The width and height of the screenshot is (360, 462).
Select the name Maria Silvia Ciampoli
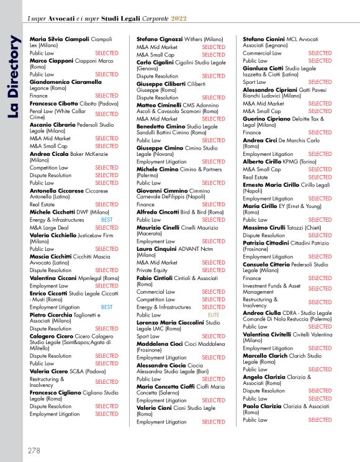point(59,39)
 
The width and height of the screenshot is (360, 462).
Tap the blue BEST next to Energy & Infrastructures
point(107,220)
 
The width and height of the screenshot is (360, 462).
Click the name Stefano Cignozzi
point(160,38)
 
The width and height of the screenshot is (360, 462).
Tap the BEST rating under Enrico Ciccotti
point(107,307)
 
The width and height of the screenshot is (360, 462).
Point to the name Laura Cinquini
point(161,248)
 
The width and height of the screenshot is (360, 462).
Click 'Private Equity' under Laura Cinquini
point(153,271)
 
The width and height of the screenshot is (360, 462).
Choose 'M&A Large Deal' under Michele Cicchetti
point(50,227)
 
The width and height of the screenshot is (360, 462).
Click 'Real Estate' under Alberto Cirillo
point(256,177)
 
